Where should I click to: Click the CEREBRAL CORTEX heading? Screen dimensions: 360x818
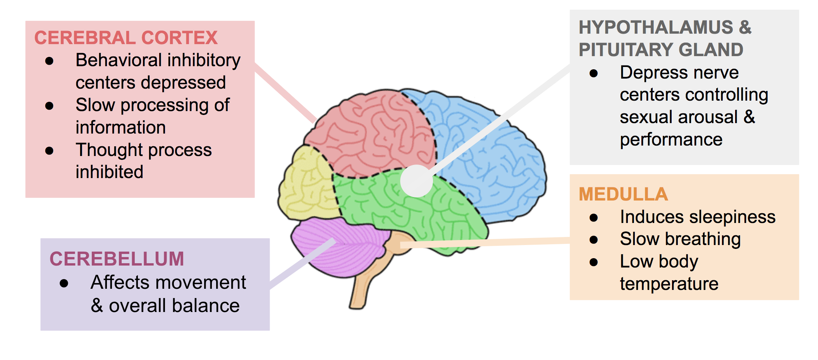[x=126, y=38]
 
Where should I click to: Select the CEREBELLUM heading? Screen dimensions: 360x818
[x=117, y=259]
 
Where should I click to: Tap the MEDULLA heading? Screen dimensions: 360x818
[x=623, y=194]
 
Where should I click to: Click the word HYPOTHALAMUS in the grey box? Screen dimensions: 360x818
[x=656, y=27]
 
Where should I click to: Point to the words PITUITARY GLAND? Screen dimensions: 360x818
[x=661, y=50]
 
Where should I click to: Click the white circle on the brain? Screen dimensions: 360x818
[x=416, y=181]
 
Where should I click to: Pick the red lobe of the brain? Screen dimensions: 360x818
[x=372, y=132]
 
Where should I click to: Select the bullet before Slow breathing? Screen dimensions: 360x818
[x=593, y=240]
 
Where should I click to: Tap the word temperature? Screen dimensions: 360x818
[x=669, y=284]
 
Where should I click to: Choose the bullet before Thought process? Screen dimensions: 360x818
[x=49, y=151]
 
